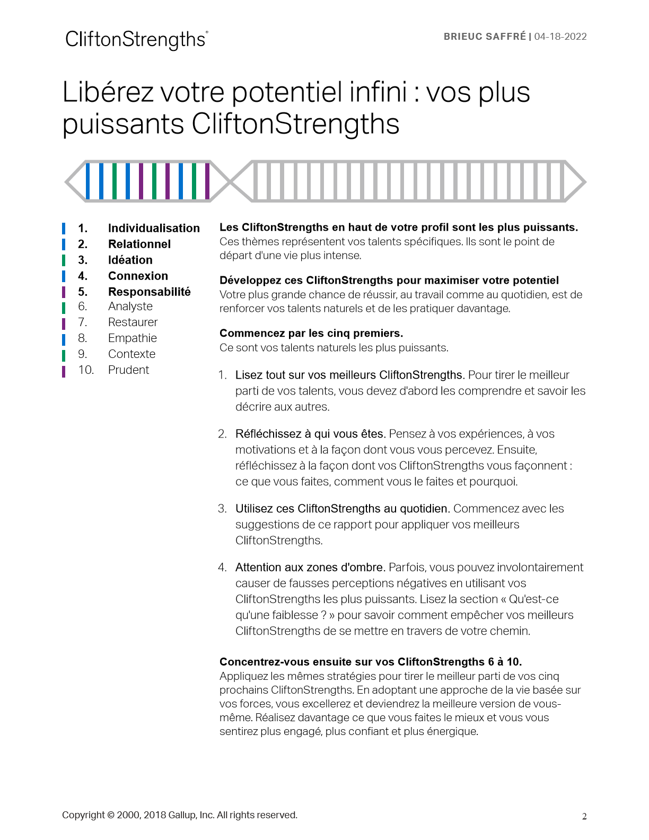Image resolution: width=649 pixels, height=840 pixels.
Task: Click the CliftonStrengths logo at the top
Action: point(136,40)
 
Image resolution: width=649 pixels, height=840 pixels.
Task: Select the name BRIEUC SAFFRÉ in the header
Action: point(485,37)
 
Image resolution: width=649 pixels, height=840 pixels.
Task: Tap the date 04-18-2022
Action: point(560,37)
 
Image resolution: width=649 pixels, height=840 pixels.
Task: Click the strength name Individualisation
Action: point(154,228)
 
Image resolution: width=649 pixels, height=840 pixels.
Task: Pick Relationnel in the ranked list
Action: point(139,244)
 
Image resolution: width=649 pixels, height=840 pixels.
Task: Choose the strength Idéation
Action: point(130,260)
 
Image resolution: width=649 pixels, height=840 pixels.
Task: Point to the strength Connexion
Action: point(138,276)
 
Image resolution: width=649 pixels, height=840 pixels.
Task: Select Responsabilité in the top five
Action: point(150,292)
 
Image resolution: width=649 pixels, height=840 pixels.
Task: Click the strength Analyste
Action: point(130,307)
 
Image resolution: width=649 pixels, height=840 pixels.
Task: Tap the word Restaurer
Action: point(133,322)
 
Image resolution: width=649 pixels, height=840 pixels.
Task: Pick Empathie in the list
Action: point(133,338)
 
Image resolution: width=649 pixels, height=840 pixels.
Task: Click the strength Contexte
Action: point(132,354)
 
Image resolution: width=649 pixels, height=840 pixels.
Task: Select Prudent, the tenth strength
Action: point(129,370)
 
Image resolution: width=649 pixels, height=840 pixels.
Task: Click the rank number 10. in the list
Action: point(86,370)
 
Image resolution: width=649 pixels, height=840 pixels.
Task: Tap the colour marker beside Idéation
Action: point(64,260)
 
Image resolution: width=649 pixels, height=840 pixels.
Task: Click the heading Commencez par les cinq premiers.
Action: point(311,333)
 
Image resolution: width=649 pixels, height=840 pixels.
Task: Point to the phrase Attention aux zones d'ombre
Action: point(310,567)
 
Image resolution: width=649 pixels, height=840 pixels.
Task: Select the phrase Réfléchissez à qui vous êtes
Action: point(310,434)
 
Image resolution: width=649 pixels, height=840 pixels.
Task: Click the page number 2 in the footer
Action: point(584,817)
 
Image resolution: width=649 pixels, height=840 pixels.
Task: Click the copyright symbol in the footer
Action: point(110,815)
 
